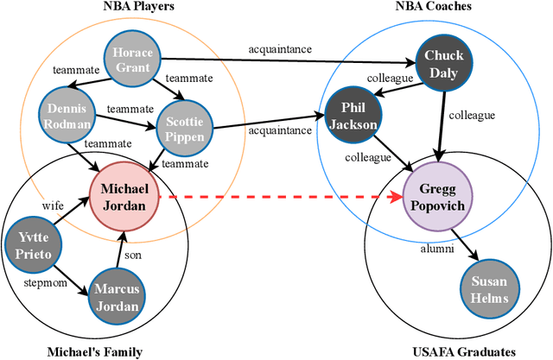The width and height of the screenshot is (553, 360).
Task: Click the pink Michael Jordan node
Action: tap(123, 196)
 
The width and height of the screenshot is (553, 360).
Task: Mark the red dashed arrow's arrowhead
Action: tap(398, 197)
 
